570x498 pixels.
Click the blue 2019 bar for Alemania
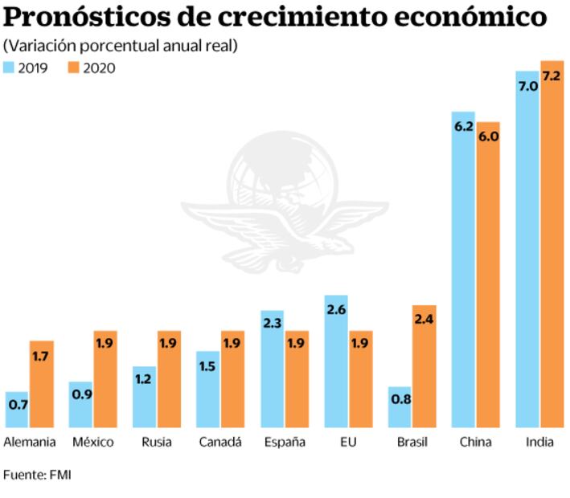[x=17, y=410]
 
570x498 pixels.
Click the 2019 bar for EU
[x=337, y=361]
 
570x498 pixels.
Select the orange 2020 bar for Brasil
[x=424, y=366]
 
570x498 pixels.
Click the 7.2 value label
[x=552, y=76]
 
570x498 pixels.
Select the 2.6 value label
[x=337, y=310]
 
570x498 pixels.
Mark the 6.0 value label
[x=488, y=137]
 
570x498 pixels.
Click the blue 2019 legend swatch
[x=9, y=67]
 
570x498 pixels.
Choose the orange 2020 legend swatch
[x=73, y=67]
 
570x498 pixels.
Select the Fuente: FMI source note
[x=37, y=475]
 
